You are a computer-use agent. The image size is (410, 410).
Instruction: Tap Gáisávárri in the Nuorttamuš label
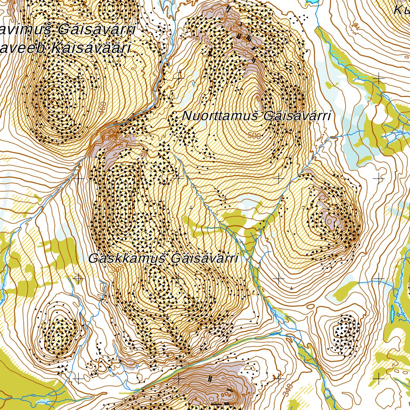point(297,116)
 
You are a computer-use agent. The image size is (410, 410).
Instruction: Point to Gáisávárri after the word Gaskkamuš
point(204,259)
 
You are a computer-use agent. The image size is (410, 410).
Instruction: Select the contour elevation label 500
point(254,136)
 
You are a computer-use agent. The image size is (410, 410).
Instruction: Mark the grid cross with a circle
point(78,277)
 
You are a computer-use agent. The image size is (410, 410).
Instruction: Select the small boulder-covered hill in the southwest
point(60,331)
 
